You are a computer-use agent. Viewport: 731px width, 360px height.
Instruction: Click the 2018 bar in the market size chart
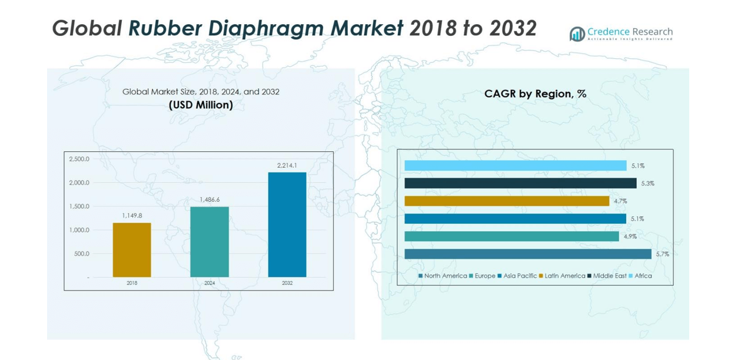coord(132,250)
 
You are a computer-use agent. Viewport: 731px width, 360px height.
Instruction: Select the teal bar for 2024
coord(210,242)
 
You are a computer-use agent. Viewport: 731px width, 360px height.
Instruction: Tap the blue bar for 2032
coord(287,225)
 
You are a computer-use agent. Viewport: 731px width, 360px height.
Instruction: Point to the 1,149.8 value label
coord(132,216)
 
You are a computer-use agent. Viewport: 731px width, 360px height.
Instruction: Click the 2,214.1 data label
coord(287,165)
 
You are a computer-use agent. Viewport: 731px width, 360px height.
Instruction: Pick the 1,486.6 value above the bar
coord(210,199)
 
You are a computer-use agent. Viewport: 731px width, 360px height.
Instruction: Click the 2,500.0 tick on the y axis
coord(79,159)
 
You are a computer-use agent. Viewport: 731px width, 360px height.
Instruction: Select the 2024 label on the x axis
coord(210,283)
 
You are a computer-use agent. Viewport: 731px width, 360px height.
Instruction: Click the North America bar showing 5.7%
coord(528,254)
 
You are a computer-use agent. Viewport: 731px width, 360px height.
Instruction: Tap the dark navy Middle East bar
coord(520,184)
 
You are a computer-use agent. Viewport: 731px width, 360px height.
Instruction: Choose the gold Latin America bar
coord(507,201)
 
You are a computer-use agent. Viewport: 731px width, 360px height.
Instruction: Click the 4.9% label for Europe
coord(630,236)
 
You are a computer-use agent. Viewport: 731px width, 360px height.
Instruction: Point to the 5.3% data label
coord(647,184)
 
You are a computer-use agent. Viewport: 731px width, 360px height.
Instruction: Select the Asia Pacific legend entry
coord(518,276)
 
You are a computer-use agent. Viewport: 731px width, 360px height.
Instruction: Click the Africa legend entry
coord(641,276)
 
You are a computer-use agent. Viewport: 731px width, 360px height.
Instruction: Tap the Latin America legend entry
coord(562,276)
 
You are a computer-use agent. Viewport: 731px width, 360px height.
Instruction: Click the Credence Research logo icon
coord(577,34)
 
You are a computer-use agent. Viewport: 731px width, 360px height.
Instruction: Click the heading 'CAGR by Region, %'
coord(535,94)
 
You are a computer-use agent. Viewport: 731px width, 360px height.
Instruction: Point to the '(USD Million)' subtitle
coord(201,105)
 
